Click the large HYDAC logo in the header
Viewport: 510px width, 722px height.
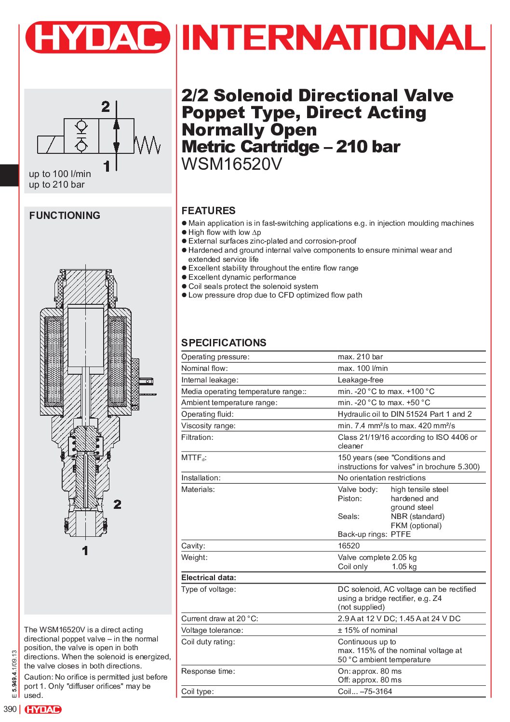98,37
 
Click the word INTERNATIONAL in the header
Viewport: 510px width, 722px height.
334,38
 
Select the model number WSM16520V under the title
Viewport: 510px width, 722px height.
231,164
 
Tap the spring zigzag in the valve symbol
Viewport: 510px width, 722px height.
147,145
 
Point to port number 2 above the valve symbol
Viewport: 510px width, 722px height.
106,107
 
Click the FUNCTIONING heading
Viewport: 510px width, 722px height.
65,216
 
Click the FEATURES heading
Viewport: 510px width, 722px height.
208,211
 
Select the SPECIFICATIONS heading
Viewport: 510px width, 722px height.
224,343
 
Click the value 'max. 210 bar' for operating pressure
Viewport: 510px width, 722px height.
360,357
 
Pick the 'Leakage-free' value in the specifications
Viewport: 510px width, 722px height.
360,380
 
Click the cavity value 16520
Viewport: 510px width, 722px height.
349,546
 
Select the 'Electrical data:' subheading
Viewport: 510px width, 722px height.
209,578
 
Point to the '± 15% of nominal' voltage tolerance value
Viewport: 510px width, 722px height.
367,630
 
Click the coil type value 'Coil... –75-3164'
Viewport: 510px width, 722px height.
365,692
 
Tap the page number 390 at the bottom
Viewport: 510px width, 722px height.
10,709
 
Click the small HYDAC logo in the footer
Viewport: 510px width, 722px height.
43,709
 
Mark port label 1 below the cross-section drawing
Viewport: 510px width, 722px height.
85,551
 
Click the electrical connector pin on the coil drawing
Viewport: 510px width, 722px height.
148,381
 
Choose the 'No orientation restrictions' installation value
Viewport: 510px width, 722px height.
381,478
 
